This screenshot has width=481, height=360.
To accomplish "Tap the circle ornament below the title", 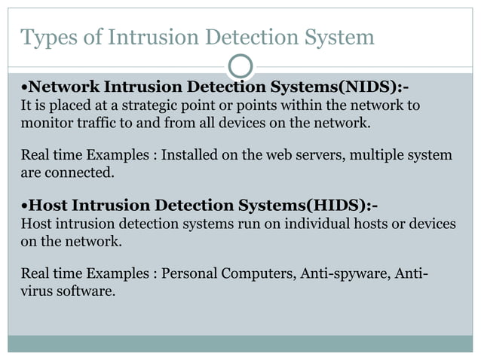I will point(240,66).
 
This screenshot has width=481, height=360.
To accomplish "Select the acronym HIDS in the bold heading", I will point(332,205).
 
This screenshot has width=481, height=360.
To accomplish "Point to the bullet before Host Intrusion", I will point(23,206).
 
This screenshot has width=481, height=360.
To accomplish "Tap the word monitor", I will point(42,121).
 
